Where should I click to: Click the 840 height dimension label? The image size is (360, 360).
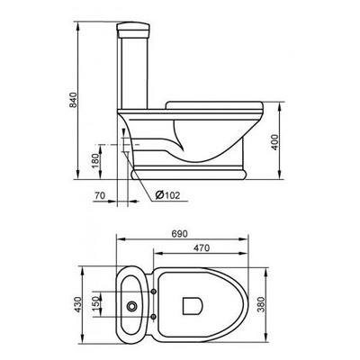click(x=73, y=100)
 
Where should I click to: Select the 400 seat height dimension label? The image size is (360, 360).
click(x=274, y=142)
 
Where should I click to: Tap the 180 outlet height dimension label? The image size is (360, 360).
click(x=95, y=161)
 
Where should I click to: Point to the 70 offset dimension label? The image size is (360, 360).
click(x=100, y=195)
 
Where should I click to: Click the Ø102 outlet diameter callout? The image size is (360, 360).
click(x=167, y=195)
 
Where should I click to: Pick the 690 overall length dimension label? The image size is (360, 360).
click(x=179, y=234)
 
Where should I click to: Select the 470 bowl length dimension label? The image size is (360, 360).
click(x=201, y=248)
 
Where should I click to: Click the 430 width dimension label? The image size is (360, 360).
click(x=77, y=304)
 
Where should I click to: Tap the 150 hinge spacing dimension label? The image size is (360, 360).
click(x=95, y=303)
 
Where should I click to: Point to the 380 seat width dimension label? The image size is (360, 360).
click(x=261, y=304)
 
